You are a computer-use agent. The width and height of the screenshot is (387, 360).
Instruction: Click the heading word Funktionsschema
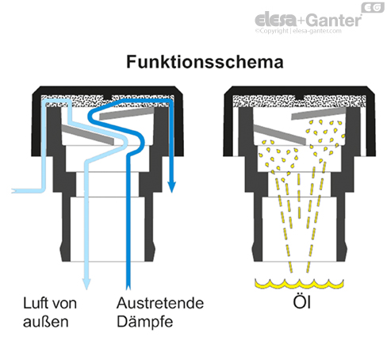(193, 61)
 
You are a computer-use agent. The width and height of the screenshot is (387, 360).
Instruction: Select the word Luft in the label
(36, 302)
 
